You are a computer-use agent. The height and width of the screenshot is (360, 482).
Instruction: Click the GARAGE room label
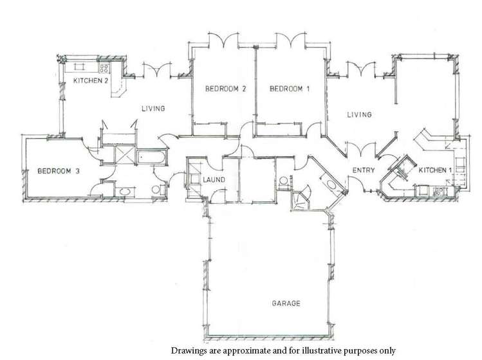[286, 303]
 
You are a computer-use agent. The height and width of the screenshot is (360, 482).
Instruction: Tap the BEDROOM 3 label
[59, 171]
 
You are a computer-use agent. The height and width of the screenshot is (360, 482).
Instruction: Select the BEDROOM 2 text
[226, 89]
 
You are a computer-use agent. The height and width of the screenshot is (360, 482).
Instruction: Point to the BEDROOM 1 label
[290, 89]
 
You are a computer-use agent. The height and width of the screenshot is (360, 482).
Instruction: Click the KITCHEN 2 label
[91, 80]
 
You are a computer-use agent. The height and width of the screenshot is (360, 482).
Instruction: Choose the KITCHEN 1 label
[435, 170]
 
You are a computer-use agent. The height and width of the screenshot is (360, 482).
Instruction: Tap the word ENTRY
[364, 170]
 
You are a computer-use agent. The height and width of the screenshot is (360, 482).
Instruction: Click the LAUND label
[214, 180]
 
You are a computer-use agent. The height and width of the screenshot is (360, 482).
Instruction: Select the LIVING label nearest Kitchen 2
[153, 109]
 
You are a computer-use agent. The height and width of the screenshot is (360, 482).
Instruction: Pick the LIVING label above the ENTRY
[359, 114]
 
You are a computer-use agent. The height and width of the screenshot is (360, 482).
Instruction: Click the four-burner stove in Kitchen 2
[104, 67]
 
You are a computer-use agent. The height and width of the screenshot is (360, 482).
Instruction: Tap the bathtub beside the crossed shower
[151, 157]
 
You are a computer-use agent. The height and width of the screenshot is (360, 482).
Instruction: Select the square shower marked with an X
[125, 155]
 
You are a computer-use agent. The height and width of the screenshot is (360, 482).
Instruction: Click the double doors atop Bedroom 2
[223, 39]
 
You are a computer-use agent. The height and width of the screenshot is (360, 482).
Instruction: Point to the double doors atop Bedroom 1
[291, 39]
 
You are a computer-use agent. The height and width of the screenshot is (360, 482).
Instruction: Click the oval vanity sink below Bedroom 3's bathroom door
[125, 192]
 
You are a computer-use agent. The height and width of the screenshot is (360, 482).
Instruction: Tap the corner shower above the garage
[300, 199]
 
